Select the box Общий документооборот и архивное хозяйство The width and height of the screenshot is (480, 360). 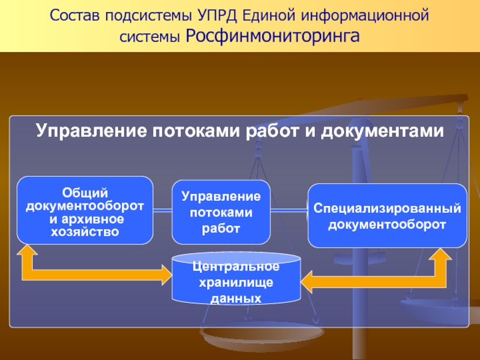click(85, 210)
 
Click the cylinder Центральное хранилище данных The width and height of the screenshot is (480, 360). click(236, 278)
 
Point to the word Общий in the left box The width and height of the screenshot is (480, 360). click(85, 193)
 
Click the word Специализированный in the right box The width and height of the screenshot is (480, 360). click(387, 208)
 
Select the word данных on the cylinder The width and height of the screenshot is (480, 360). click(236, 297)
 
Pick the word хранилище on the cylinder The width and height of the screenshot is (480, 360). click(236, 281)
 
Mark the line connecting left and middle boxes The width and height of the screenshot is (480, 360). click(163, 210)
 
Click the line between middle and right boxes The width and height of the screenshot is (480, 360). click(289, 210)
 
